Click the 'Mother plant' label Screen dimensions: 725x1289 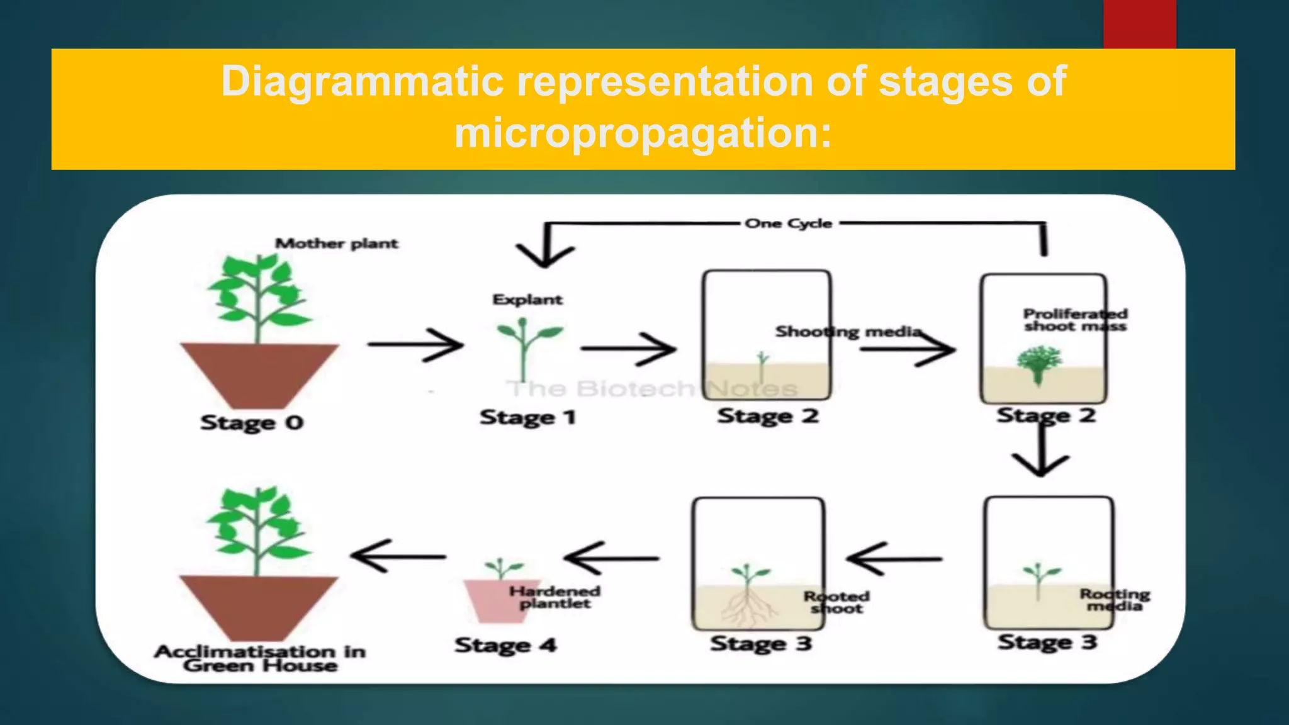tap(337, 244)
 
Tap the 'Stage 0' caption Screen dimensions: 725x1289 tap(252, 422)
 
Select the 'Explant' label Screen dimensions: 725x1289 tap(527, 300)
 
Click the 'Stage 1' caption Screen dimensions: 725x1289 tap(527, 417)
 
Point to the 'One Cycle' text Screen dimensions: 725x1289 tap(788, 223)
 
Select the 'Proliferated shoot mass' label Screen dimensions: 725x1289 tap(1074, 320)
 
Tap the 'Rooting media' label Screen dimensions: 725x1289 tap(1115, 600)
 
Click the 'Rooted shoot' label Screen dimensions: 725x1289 tap(836, 602)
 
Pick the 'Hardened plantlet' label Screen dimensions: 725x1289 tap(554, 597)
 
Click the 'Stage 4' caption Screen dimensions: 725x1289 tap(505, 645)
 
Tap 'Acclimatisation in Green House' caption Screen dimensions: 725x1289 tap(260, 658)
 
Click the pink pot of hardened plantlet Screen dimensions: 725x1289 tap(494, 601)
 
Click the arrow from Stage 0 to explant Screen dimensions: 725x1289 tap(415, 344)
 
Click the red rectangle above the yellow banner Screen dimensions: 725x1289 tap(1139, 24)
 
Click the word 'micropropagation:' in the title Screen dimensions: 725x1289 tap(643, 133)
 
